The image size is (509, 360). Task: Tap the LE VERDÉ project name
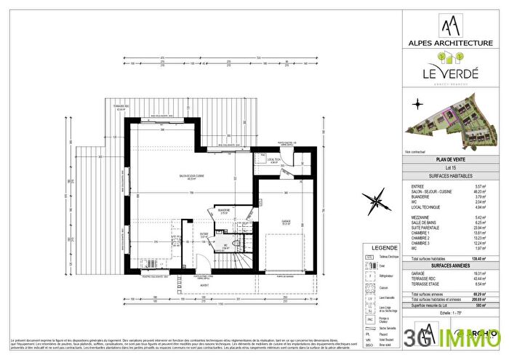click(x=453, y=73)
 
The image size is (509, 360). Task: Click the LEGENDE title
click(x=383, y=248)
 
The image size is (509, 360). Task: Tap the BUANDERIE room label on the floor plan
click(x=224, y=209)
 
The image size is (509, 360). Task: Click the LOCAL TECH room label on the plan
click(x=274, y=160)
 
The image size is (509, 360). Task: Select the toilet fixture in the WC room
click(x=225, y=244)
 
